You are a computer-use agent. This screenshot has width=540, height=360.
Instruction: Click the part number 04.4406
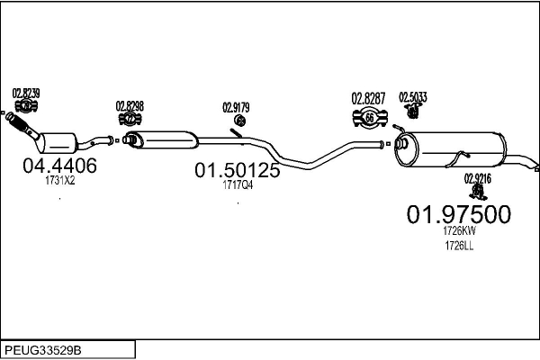[59, 166]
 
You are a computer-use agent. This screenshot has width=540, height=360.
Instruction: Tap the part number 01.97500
[459, 214]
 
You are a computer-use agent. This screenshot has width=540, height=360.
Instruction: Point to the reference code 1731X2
[59, 180]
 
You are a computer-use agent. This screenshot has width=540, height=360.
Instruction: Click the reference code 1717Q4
[238, 185]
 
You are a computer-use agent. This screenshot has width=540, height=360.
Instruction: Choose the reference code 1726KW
[459, 231]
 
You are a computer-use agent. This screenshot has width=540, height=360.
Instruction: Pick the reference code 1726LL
[459, 246]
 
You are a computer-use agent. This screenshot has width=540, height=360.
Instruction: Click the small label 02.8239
[25, 94]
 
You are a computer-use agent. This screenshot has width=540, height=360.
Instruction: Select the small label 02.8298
[130, 106]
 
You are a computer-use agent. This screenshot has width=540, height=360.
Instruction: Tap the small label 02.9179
[236, 108]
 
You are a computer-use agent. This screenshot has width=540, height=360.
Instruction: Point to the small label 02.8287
[368, 97]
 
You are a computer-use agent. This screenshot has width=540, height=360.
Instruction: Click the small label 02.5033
[414, 97]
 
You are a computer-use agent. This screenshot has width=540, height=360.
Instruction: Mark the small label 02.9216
[478, 178]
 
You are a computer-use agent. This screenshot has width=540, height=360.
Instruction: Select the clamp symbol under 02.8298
[130, 119]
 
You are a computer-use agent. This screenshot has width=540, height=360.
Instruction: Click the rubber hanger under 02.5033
[414, 112]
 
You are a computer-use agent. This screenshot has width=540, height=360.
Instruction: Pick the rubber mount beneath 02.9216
[477, 192]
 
